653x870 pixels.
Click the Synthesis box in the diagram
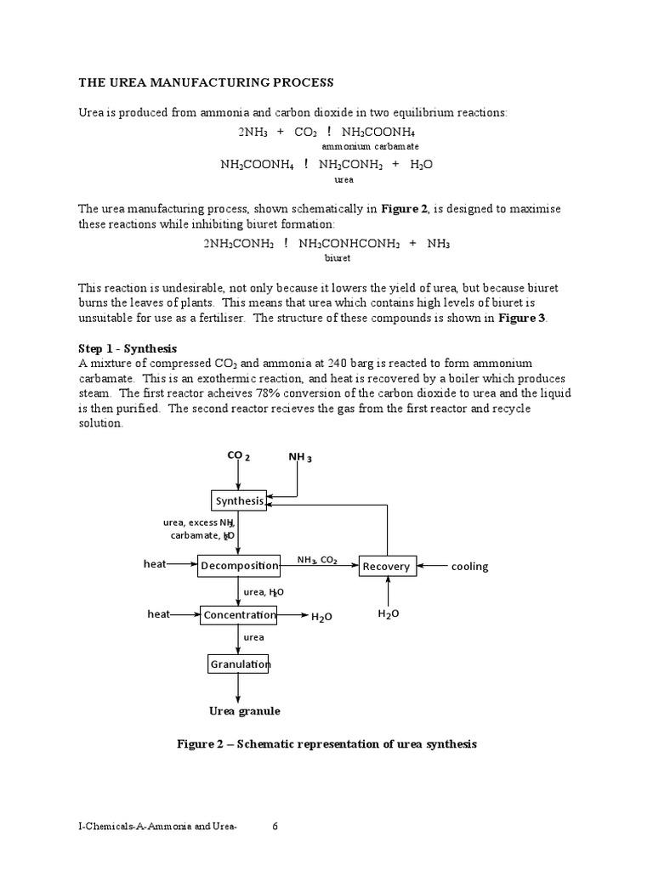point(239,500)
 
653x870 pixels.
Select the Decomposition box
point(239,565)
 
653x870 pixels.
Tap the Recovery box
point(387,566)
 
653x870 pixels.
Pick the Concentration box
point(239,614)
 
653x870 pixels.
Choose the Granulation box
point(239,664)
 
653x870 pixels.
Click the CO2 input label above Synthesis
point(238,456)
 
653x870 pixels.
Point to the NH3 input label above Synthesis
point(300,458)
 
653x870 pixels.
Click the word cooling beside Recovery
point(469,567)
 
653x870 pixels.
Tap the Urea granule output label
point(245,710)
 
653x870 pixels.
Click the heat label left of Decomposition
point(156,564)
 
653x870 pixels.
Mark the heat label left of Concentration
point(159,613)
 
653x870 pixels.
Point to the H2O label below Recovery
point(388,614)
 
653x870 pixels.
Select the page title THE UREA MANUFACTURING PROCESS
point(207,82)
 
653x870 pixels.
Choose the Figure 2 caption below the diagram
point(326,744)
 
